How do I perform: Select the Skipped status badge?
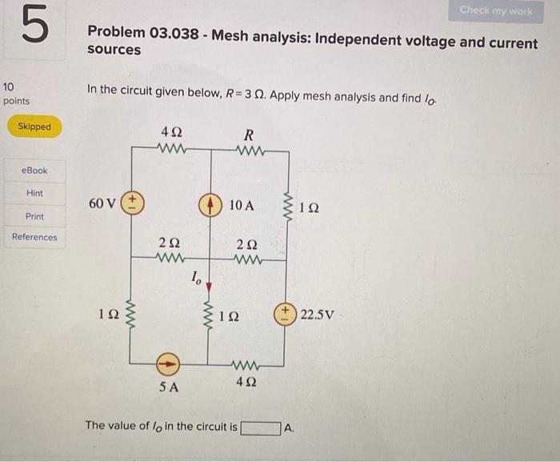(34, 127)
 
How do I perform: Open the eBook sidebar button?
(34, 171)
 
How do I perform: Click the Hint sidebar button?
(34, 193)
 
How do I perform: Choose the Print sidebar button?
(34, 216)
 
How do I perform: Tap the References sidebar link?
(34, 237)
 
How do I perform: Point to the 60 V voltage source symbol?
(131, 203)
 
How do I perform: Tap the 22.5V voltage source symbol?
(286, 313)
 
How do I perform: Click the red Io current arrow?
(210, 286)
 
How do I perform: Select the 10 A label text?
(241, 205)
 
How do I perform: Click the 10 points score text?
(16, 93)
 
